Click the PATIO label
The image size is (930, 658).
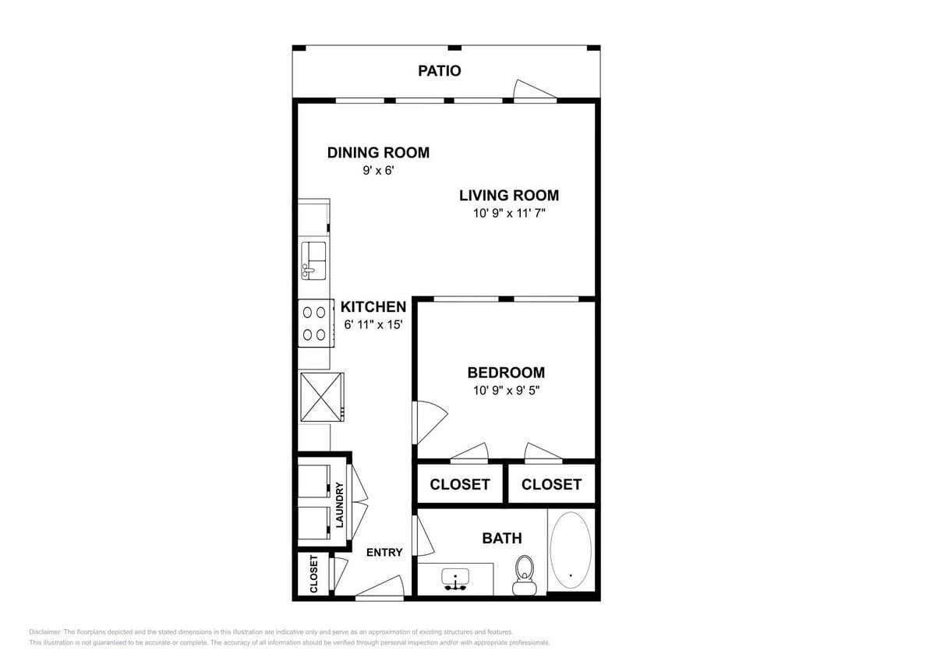point(439,71)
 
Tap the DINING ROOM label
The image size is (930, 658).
point(378,153)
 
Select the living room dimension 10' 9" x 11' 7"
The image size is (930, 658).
point(508,214)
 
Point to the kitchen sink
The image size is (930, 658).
point(314,260)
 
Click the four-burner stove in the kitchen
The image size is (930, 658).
point(314,324)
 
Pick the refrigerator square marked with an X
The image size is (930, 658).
point(321,397)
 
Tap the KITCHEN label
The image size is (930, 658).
point(373,307)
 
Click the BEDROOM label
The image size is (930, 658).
point(506,373)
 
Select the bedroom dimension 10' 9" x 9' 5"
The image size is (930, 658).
point(506,391)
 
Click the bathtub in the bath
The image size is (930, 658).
point(571,550)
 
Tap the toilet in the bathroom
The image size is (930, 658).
point(525,574)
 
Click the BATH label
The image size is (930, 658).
point(502,538)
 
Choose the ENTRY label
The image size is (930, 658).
point(384,553)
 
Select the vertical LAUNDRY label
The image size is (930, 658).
point(340,505)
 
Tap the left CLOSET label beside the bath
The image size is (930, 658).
point(460,484)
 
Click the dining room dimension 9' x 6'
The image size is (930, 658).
point(377,171)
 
